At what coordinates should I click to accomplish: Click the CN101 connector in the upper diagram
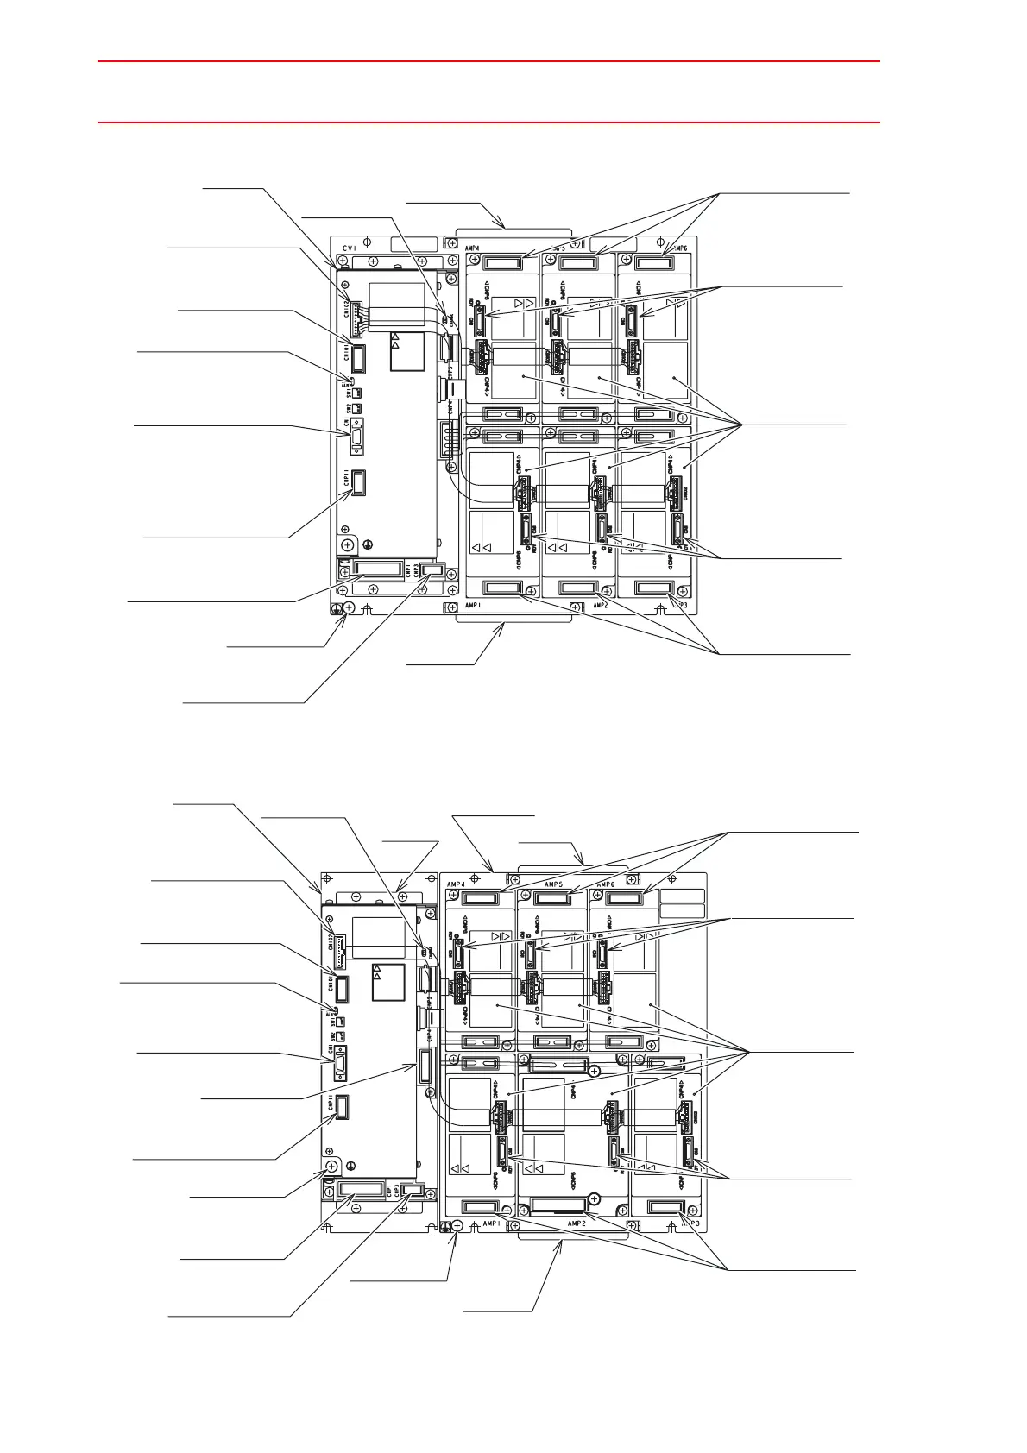point(358,357)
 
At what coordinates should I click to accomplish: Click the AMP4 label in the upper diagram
point(473,248)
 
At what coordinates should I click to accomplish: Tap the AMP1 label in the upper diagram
point(474,606)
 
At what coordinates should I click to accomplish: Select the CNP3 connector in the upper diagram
point(432,570)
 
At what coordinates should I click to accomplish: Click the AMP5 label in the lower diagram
point(553,884)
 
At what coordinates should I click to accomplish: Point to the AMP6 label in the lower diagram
point(606,884)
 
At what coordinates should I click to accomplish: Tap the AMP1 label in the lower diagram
point(492,1223)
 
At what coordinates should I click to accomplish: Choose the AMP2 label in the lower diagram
point(577,1223)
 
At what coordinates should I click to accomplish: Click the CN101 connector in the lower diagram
point(342,987)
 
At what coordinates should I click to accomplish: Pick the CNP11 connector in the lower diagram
point(342,1106)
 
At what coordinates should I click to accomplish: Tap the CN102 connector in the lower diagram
point(338,944)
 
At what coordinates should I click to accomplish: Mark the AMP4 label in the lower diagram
point(456,884)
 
